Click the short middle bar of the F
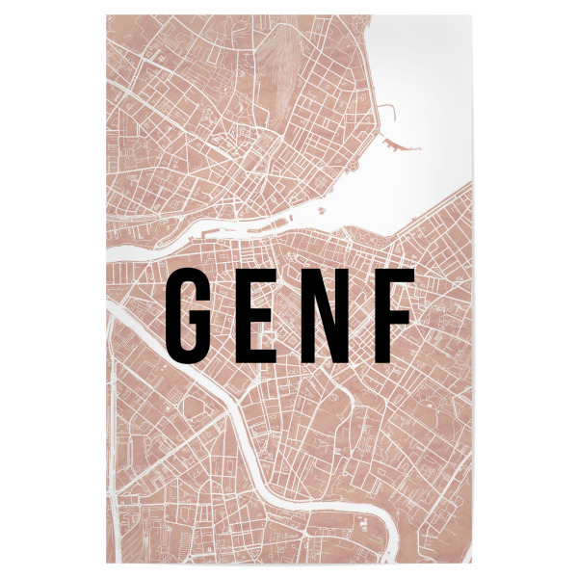point(392,312)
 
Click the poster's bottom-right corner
point(469,562)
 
